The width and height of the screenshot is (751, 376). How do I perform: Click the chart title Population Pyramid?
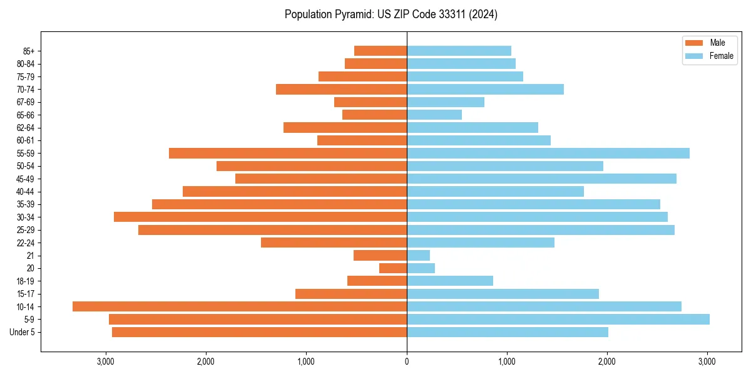click(x=391, y=14)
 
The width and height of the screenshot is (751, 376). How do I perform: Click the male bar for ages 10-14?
click(x=240, y=306)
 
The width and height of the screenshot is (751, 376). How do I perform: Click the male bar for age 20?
click(x=393, y=268)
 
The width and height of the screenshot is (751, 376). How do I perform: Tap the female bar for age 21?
click(x=419, y=256)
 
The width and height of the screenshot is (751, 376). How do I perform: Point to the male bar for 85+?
click(x=381, y=51)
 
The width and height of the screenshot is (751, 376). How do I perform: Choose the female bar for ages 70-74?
click(x=486, y=90)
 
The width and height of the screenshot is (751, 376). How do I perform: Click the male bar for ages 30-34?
click(x=260, y=217)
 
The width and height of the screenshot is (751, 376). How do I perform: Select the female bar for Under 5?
click(x=508, y=332)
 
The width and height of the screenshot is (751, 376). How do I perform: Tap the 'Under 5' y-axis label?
click(x=23, y=332)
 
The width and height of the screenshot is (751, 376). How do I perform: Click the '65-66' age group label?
click(x=26, y=115)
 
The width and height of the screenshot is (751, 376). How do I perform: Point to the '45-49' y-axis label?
click(x=26, y=179)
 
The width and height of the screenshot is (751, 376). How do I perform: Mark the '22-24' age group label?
click(x=26, y=243)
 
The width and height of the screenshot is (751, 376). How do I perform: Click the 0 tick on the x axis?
click(x=407, y=362)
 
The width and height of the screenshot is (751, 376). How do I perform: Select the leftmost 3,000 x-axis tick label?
click(x=106, y=362)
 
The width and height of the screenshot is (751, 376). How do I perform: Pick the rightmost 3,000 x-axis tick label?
click(x=707, y=362)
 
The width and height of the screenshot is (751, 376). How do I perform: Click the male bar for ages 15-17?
click(x=351, y=294)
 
